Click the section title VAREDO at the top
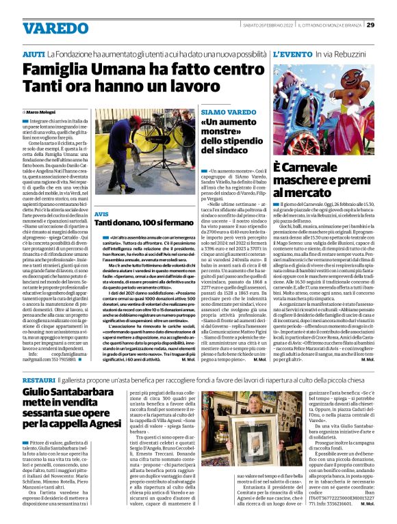[x=51, y=29]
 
